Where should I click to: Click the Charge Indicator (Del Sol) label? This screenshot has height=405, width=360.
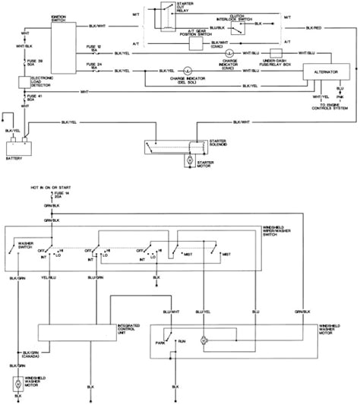[x=188, y=81]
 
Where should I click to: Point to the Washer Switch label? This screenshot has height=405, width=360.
[x=17, y=245]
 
